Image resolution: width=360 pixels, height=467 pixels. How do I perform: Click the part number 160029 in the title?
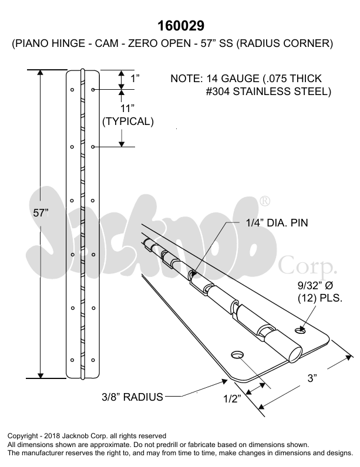[181, 26]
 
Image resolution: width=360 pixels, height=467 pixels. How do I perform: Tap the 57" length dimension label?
[41, 214]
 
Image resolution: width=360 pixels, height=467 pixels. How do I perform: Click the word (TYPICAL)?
[128, 122]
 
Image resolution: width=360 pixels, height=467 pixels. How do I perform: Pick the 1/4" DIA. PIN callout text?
[276, 222]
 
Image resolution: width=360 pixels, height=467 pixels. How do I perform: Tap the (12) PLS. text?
[321, 297]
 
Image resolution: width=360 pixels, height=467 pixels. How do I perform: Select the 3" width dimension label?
[312, 379]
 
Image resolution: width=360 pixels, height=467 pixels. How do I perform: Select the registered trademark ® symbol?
[265, 201]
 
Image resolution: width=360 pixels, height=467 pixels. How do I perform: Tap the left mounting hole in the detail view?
[238, 354]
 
